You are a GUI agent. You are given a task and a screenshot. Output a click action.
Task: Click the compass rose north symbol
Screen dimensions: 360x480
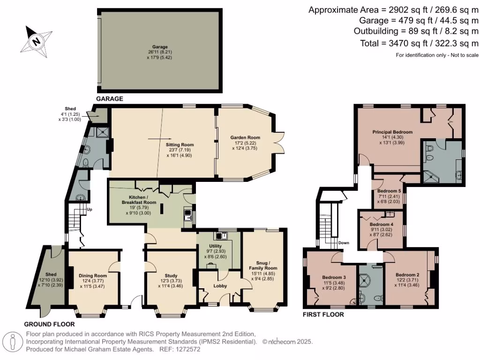(36, 41)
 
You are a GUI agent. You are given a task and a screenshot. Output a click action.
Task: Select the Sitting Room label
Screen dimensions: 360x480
(180, 145)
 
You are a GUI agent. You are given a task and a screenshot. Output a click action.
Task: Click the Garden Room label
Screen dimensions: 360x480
(245, 137)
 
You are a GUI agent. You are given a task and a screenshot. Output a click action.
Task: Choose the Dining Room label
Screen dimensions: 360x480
(92, 275)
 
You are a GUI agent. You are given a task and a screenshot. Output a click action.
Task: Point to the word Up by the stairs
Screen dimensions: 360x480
(89, 210)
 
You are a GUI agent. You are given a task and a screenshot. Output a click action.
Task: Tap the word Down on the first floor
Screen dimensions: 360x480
(344, 243)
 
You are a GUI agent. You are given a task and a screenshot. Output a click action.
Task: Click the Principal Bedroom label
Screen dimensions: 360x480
(392, 132)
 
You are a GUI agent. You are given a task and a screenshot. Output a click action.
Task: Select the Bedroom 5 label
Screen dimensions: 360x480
(389, 191)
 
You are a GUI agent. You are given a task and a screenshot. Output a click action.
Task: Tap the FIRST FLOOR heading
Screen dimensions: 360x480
(323, 315)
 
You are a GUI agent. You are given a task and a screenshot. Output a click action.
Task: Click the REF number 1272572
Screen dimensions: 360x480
(186, 349)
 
